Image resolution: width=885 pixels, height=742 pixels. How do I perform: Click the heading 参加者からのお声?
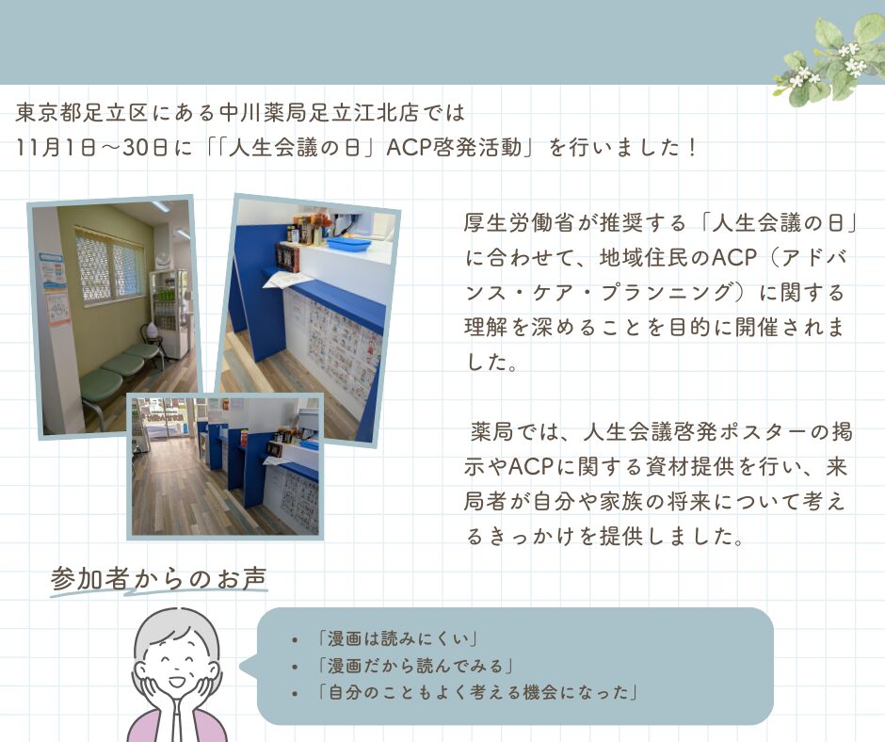158,578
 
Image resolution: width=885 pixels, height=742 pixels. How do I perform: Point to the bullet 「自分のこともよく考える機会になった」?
478,692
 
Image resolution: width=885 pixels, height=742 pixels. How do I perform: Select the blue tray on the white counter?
348,243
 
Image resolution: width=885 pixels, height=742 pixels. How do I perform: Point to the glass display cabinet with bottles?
168,313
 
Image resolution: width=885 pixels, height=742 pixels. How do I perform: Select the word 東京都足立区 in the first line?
82,112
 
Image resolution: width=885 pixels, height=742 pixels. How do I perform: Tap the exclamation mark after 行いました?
693,148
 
